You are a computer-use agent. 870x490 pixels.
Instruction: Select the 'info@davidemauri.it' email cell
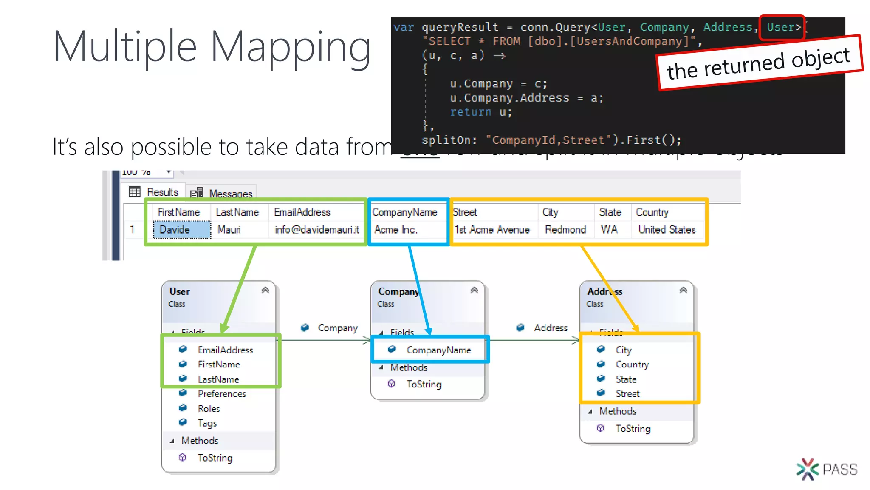point(316,230)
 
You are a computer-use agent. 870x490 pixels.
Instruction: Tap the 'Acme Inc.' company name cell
point(396,230)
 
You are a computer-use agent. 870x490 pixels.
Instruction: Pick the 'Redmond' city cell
point(565,230)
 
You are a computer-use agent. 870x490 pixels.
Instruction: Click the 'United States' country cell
point(667,230)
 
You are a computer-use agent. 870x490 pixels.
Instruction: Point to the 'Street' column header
point(465,212)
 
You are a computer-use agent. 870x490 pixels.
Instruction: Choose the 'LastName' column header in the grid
point(237,212)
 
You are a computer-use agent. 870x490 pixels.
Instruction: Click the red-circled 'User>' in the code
point(782,28)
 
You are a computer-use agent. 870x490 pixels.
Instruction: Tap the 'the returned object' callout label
point(759,63)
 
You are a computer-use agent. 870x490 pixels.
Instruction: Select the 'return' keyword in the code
point(471,112)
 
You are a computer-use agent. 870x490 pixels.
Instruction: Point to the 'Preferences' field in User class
point(222,394)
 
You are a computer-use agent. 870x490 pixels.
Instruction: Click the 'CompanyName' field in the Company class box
point(438,350)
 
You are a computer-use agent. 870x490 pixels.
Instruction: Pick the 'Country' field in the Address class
point(632,365)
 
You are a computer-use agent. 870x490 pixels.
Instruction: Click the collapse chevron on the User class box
point(266,291)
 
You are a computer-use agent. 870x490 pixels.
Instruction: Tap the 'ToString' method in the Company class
point(424,384)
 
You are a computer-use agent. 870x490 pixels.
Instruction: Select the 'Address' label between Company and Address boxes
point(551,328)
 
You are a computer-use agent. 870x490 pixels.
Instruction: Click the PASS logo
point(827,469)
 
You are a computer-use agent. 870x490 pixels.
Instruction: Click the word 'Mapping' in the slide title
point(291,47)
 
